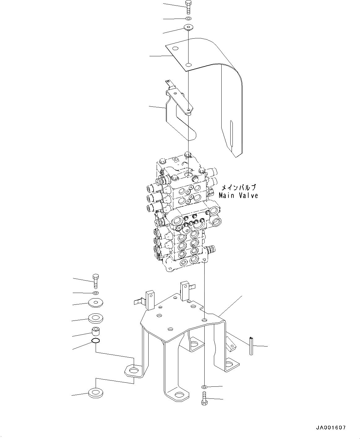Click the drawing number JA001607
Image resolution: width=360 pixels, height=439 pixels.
click(331, 428)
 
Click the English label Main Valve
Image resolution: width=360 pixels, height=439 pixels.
click(238, 196)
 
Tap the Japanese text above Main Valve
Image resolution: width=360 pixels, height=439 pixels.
click(238, 187)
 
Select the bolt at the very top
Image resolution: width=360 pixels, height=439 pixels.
click(188, 7)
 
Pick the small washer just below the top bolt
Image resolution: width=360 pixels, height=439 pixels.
click(189, 19)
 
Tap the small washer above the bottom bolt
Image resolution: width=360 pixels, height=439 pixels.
click(204, 387)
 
